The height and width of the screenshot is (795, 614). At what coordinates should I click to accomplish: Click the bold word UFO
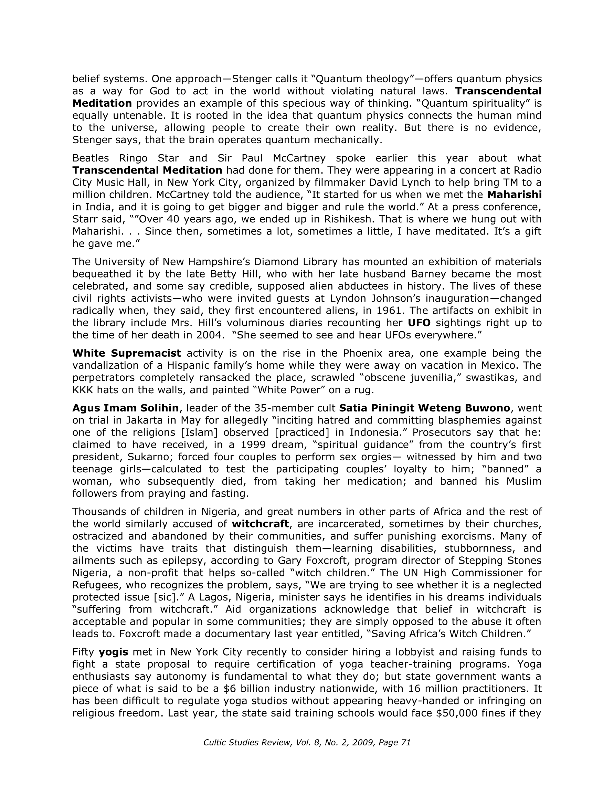coord(419,323)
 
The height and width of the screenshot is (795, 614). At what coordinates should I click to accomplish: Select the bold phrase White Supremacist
coord(127,353)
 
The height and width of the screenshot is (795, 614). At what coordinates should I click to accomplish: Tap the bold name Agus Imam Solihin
coord(126,408)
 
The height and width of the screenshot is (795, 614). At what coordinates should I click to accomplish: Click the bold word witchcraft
coord(260,524)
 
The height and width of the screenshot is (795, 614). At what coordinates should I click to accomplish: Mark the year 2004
coord(209,335)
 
